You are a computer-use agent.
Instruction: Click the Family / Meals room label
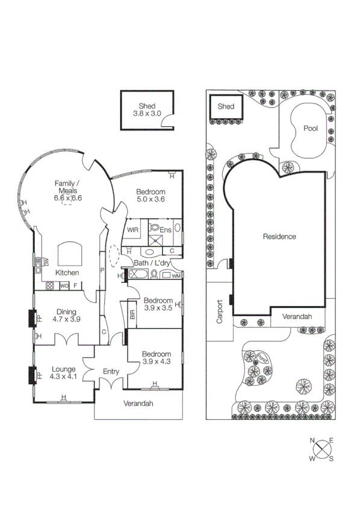[67, 186]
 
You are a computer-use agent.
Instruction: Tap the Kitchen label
[67, 273]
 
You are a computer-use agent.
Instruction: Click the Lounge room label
[63, 369]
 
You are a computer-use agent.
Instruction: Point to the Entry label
[111, 372]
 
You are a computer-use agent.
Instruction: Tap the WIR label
[133, 229]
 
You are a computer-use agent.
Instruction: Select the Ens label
[166, 229]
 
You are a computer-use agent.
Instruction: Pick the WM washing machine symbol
[176, 276]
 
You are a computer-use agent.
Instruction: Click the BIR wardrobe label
[132, 316]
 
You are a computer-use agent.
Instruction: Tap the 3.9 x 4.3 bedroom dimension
[157, 362]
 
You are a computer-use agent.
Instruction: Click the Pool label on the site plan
[310, 128]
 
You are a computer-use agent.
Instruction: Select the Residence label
[279, 237]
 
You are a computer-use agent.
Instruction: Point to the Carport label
[220, 313]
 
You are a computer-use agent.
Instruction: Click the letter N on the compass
[312, 441]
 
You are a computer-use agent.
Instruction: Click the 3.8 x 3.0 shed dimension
[147, 113]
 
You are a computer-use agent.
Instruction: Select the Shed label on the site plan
[226, 107]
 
